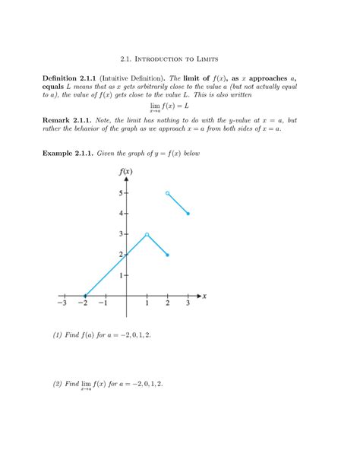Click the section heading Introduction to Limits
(x=179, y=57)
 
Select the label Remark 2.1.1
(x=68, y=120)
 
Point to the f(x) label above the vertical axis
(x=126, y=172)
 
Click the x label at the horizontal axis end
(x=205, y=295)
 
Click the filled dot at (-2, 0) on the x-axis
(x=85, y=296)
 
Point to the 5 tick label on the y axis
(x=120, y=194)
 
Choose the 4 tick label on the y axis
(x=120, y=214)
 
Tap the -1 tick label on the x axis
(x=103, y=304)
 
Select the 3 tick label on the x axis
(x=188, y=304)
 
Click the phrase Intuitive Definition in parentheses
(x=136, y=78)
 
